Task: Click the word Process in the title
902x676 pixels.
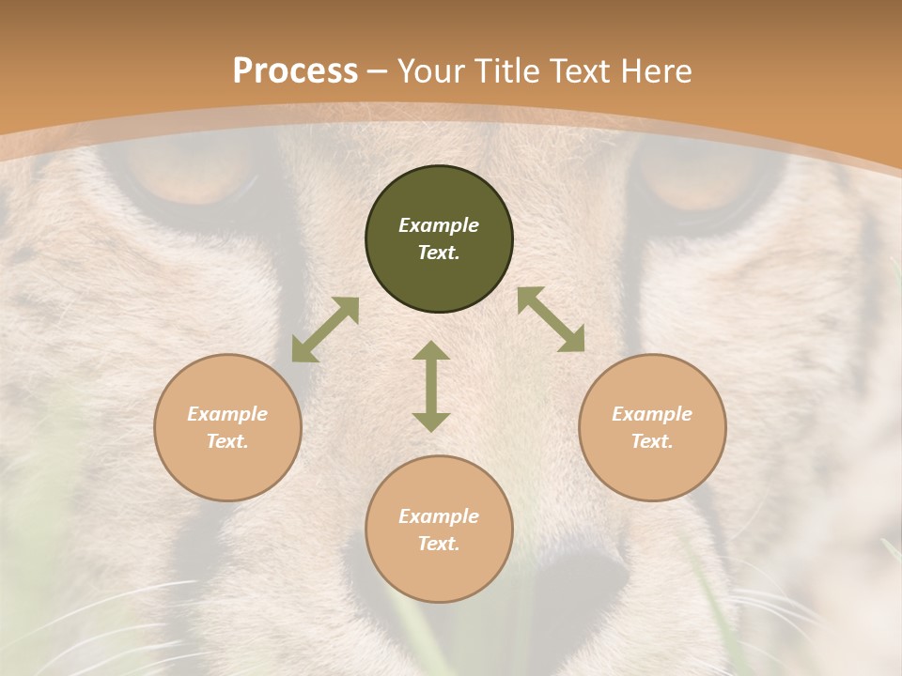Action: point(295,71)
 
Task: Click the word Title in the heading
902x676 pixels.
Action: point(508,71)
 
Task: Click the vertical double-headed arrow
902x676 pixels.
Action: point(431,386)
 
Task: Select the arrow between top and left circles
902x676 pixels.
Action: point(325,330)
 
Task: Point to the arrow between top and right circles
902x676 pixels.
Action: point(552,320)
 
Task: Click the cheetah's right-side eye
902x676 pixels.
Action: point(700,178)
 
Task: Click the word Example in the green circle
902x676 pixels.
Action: point(439,225)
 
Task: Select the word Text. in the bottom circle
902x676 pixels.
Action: point(439,544)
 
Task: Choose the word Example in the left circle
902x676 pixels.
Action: point(227,414)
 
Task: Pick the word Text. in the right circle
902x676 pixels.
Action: point(652,441)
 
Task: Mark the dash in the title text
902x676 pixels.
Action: point(378,71)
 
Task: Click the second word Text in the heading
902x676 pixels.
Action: point(579,71)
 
